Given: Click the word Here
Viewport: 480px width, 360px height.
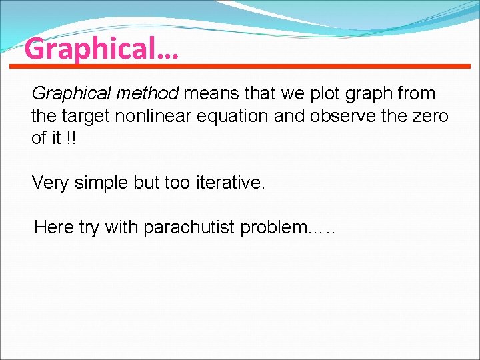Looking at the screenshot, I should (54, 227).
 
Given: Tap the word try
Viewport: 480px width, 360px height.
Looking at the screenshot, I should (89, 228).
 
